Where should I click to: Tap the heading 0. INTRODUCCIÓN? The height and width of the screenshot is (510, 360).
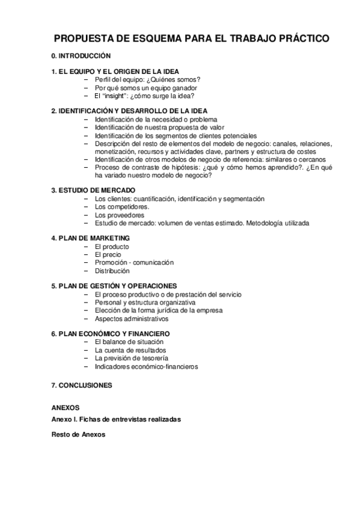[x=81, y=55]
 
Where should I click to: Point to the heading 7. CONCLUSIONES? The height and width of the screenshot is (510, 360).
[x=82, y=384]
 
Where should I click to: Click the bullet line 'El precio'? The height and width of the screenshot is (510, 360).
[x=108, y=254]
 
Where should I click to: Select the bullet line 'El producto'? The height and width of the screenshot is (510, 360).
[x=111, y=247]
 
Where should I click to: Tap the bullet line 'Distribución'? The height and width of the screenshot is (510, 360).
[x=112, y=271]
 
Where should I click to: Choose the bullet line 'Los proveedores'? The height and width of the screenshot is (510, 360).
[x=120, y=215]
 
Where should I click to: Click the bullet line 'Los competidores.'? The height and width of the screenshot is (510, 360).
[x=122, y=207]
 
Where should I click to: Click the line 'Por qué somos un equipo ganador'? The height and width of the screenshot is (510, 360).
[x=146, y=88]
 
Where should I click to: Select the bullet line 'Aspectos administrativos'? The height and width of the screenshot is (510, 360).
[x=131, y=319]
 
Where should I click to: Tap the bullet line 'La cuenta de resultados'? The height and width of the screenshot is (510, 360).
[x=130, y=350]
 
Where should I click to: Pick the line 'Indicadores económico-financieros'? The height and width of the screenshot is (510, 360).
[x=146, y=366]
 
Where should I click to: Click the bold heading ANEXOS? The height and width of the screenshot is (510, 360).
[x=66, y=407]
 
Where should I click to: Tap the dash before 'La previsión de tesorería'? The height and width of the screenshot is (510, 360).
[x=87, y=358]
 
